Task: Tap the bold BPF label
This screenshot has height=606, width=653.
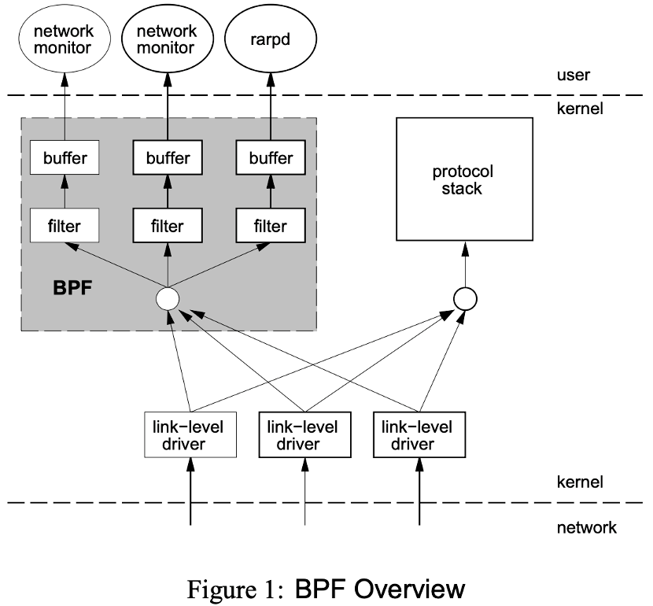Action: [x=73, y=288]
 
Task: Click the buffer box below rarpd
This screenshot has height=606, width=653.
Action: [x=269, y=158]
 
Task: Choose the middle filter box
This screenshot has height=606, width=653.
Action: [x=167, y=226]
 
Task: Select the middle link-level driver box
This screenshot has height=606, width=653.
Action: [x=304, y=435]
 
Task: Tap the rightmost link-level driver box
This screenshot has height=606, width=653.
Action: [x=418, y=435]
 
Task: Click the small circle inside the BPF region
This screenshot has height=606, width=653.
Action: [x=168, y=298]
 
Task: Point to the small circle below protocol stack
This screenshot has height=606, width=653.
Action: [x=465, y=297]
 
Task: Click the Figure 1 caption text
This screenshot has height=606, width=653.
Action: [x=323, y=588]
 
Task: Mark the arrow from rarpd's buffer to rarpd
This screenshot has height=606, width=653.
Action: [x=269, y=102]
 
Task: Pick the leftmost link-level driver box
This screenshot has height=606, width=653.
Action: [x=190, y=435]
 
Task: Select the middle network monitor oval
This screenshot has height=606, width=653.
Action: [x=167, y=39]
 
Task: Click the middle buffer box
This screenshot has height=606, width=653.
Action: [x=167, y=158]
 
